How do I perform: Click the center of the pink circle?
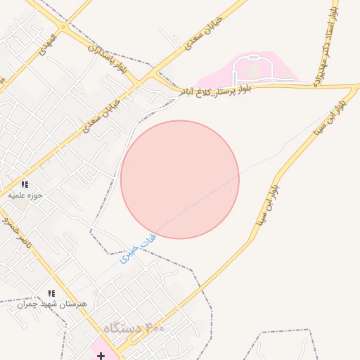(x=180, y=179)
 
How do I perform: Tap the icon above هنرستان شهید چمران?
(x=51, y=293)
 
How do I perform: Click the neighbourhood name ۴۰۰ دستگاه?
(x=134, y=328)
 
